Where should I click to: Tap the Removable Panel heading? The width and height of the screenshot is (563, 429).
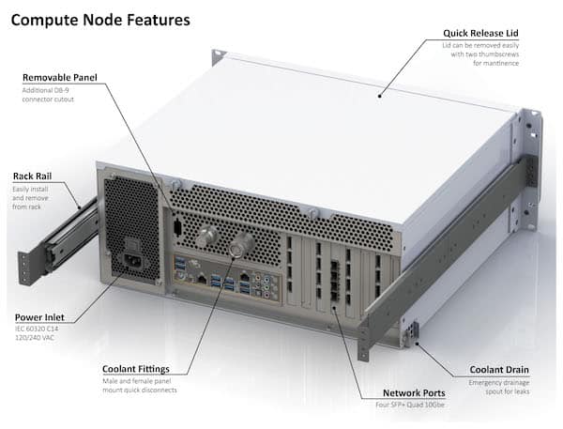59,78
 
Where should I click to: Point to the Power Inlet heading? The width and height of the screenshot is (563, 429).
39,317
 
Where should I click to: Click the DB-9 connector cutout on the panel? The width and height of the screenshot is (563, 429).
177,226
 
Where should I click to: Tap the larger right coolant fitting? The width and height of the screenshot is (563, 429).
242,247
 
